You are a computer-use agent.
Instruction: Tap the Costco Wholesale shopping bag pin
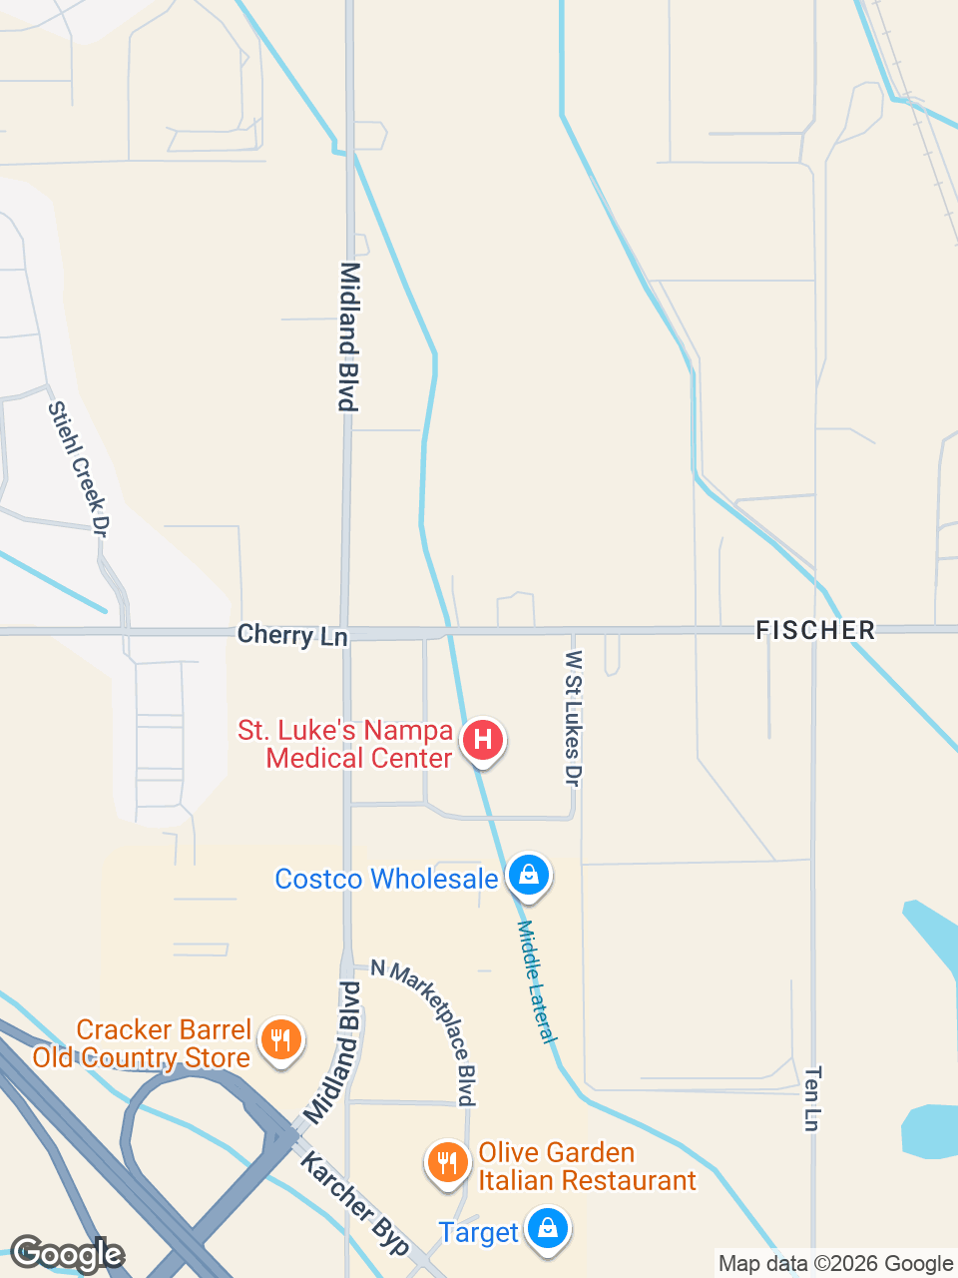529,876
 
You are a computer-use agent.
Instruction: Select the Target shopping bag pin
548,1228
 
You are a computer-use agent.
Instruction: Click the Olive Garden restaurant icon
448,1163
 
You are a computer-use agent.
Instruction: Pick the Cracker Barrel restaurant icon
280,1040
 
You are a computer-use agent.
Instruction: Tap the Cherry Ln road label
292,635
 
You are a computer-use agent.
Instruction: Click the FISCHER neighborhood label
815,630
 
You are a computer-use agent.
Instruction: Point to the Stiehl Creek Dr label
77,469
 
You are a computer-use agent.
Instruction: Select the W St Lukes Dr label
573,718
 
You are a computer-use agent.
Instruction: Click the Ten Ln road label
812,1099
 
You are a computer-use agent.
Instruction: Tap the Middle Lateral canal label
536,981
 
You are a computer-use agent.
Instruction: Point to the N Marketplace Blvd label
424,1032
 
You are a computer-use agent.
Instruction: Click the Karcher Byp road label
354,1202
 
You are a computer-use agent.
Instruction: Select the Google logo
66,1254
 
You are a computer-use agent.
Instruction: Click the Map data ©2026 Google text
835,1264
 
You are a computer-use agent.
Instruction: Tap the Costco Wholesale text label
386,879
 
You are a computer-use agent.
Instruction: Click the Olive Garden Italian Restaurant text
587,1166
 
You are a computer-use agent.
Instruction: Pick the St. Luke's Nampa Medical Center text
345,745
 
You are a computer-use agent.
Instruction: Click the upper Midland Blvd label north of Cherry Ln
348,336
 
